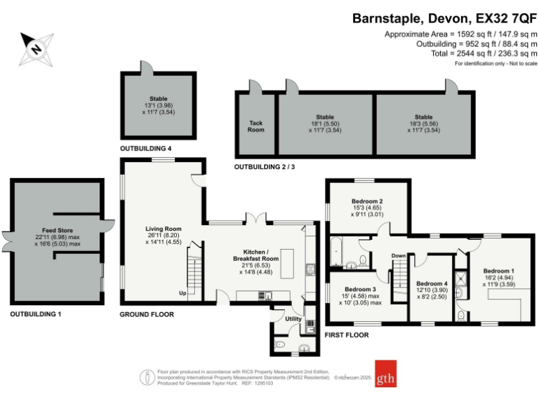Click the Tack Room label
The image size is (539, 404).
pyautogui.click(x=256, y=126)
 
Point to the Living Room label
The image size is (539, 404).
pyautogui.click(x=164, y=229)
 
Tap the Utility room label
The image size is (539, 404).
pyautogui.click(x=293, y=319)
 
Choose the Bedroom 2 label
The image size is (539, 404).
pyautogui.click(x=367, y=201)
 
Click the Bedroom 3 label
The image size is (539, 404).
pyautogui.click(x=363, y=289)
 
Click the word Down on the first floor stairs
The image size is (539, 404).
pyautogui.click(x=399, y=256)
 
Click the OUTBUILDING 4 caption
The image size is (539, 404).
pyautogui.click(x=146, y=149)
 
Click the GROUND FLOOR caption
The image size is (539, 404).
pyautogui.click(x=147, y=314)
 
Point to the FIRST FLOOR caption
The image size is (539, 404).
pyautogui.click(x=347, y=335)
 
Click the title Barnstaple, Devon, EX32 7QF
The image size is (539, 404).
pyautogui.click(x=445, y=18)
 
